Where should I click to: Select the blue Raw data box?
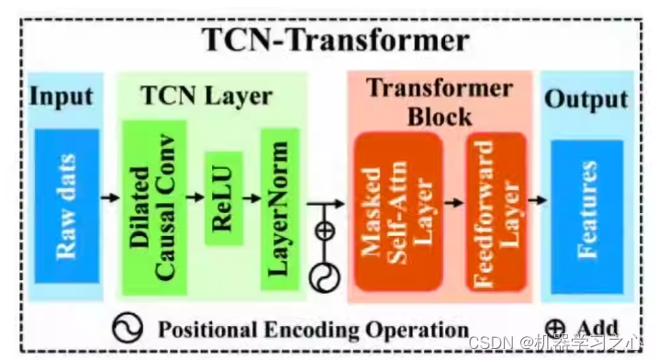(x=66, y=206)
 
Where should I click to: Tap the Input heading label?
(x=61, y=96)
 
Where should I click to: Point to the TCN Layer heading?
(x=206, y=96)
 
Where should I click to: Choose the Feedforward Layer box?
(x=496, y=212)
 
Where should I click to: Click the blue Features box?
(x=586, y=210)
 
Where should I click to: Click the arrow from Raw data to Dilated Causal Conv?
(x=110, y=197)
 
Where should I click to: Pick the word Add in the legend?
(x=597, y=328)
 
